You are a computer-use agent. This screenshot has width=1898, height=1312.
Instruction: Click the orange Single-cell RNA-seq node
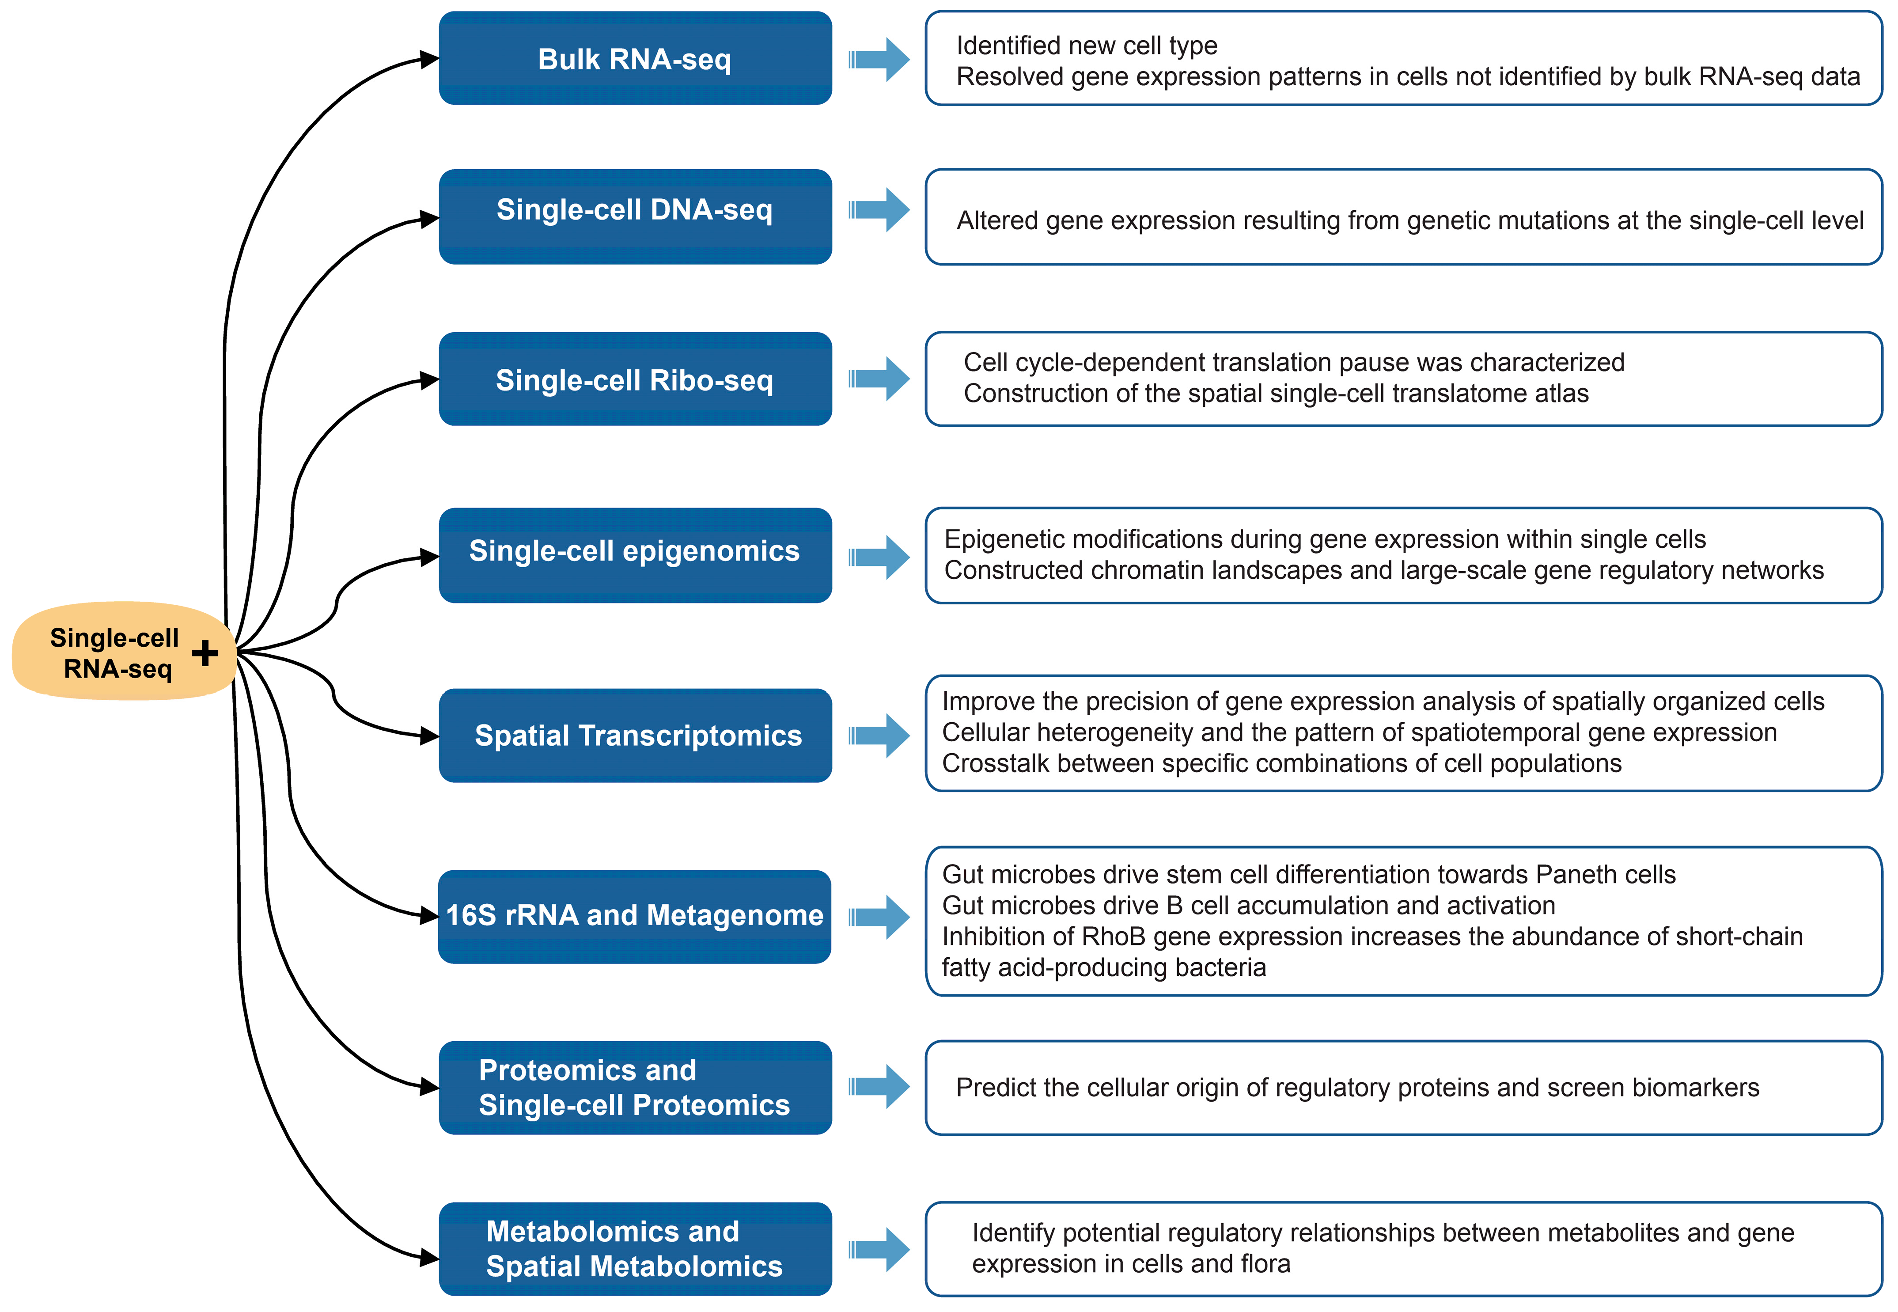point(115,652)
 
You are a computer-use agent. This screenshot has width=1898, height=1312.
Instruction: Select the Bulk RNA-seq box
point(635,58)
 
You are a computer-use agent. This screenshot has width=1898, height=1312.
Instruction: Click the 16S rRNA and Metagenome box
point(635,916)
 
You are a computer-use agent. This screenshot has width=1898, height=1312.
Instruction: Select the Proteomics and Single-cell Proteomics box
point(635,1088)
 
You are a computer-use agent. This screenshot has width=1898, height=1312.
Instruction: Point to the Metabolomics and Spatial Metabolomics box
point(635,1249)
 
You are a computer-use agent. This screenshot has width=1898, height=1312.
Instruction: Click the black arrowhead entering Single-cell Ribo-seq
point(429,380)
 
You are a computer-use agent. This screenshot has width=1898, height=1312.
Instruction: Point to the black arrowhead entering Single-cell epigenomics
point(429,557)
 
